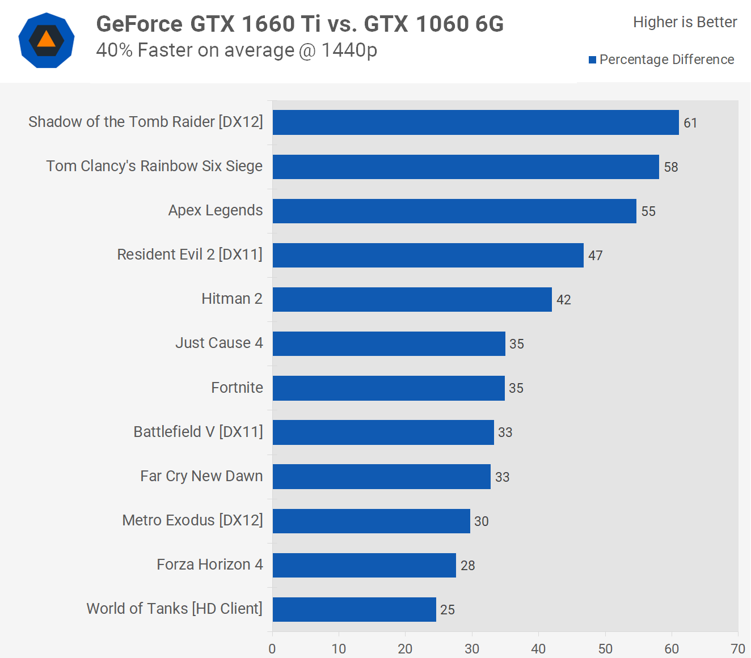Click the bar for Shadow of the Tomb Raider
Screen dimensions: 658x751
coord(475,122)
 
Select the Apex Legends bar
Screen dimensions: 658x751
coord(454,211)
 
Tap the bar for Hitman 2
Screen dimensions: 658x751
coord(412,299)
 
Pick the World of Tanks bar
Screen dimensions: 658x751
coord(354,609)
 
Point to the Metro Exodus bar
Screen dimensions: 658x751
coord(371,521)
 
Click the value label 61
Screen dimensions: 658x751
coord(690,123)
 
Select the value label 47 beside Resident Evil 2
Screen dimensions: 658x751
coord(595,256)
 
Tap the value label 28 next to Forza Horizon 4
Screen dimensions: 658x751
coord(467,566)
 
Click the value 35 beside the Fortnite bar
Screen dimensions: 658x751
coord(516,388)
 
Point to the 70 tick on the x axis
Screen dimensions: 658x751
coord(738,649)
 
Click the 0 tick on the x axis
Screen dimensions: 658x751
coord(272,649)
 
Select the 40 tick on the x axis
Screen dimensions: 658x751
coord(538,649)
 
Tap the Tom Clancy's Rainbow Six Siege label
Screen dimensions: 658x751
coord(154,166)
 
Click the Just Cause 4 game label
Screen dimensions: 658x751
coord(219,343)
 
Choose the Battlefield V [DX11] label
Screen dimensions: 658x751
coord(198,432)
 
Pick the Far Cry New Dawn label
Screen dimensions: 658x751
coord(201,476)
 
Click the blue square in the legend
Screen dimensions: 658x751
coord(592,60)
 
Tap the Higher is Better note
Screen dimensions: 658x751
coord(685,22)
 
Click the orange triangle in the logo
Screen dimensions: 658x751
coord(46,40)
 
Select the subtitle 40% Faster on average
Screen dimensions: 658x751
coord(237,50)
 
